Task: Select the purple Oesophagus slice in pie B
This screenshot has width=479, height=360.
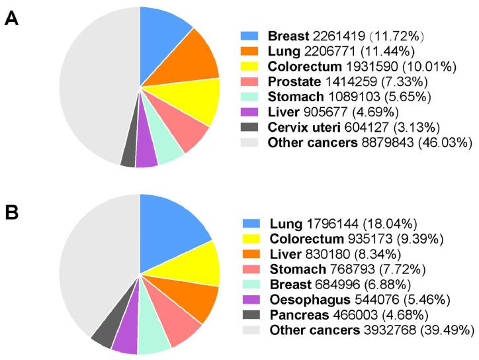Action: click(x=126, y=341)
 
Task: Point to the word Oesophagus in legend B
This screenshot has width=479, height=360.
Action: click(x=302, y=298)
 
